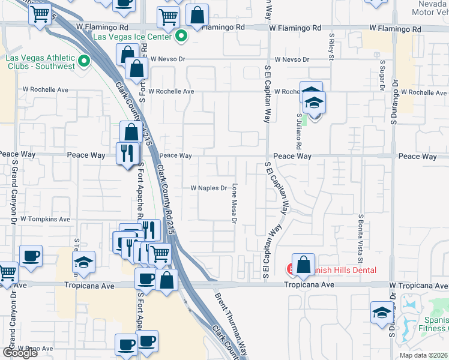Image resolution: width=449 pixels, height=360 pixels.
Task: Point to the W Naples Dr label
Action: tap(208, 188)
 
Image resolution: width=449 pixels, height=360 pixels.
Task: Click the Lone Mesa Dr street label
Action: tap(235, 202)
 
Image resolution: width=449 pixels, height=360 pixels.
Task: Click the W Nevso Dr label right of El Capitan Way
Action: tap(292, 59)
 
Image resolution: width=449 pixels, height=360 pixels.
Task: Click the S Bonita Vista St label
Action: tap(361, 239)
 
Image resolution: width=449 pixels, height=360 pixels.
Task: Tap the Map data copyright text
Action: tap(423, 355)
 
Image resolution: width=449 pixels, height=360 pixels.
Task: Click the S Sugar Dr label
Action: tap(382, 72)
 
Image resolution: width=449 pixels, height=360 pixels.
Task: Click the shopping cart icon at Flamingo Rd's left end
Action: tap(40, 13)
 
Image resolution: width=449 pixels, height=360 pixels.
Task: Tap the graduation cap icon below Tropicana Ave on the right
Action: tap(381, 314)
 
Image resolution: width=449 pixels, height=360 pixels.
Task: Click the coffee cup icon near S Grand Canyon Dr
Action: tap(31, 256)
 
